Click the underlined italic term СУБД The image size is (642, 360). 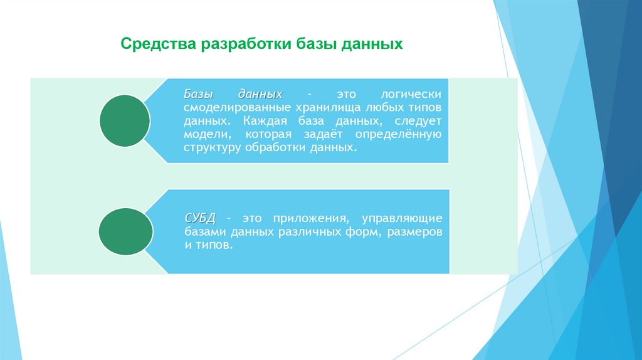pos(200,218)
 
